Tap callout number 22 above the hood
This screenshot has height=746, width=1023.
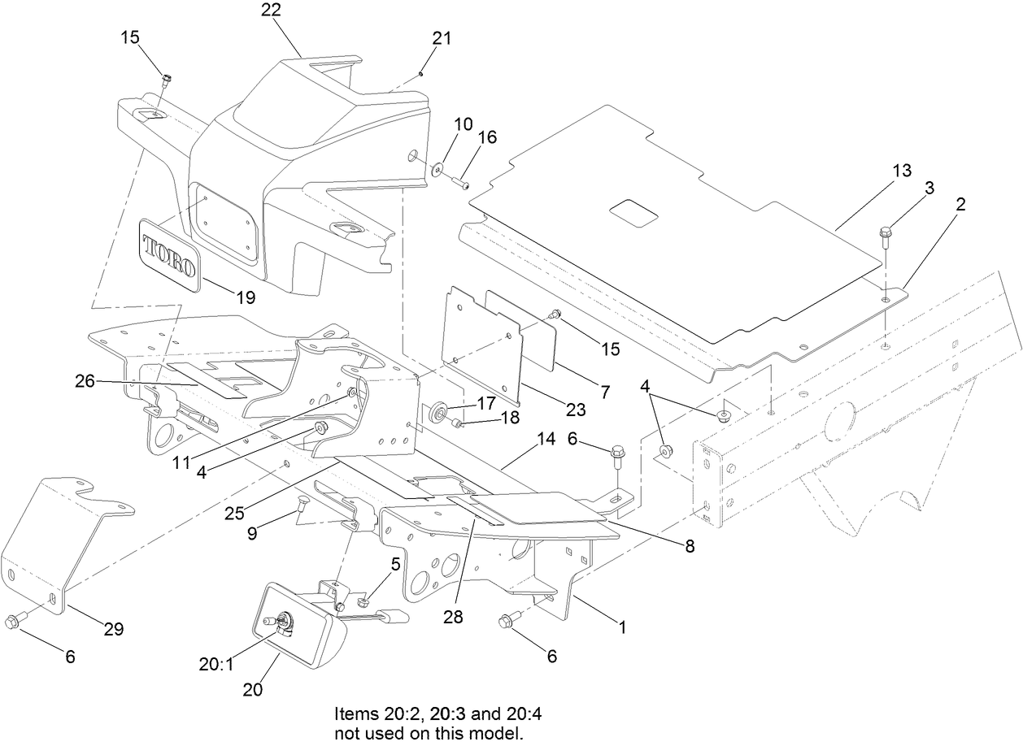pos(271,10)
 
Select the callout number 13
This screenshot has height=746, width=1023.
pos(902,171)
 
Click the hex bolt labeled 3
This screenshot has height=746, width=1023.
pos(886,236)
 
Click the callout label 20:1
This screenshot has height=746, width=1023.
pos(215,663)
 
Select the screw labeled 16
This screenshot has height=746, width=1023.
pos(461,184)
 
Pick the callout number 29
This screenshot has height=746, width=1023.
pos(113,628)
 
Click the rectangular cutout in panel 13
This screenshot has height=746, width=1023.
pos(633,213)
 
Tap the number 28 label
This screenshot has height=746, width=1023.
pos(452,617)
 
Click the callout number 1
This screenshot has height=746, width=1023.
pos(622,627)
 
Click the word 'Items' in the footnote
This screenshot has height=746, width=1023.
pos(355,714)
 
